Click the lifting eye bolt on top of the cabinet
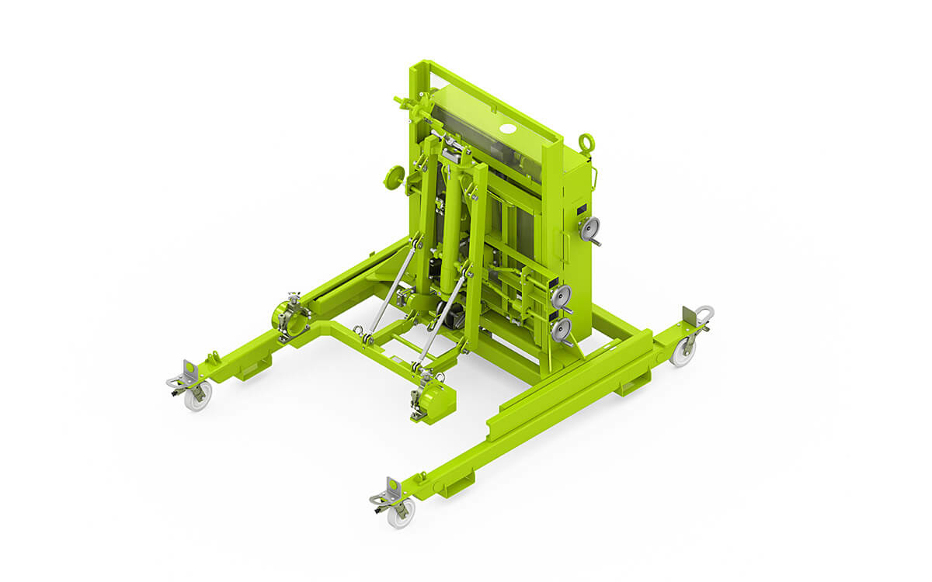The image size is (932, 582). pos(586,143)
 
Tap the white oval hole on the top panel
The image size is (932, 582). pos(508,128)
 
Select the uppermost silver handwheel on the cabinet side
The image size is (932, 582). pos(591,227)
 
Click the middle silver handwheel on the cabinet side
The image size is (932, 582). pos(562,296)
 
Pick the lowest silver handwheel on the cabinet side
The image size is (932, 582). pos(561,329)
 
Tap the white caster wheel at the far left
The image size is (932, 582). pos(198,396)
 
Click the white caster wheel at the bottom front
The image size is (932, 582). pos(401,513)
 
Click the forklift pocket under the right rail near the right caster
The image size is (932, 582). pos(635,382)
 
